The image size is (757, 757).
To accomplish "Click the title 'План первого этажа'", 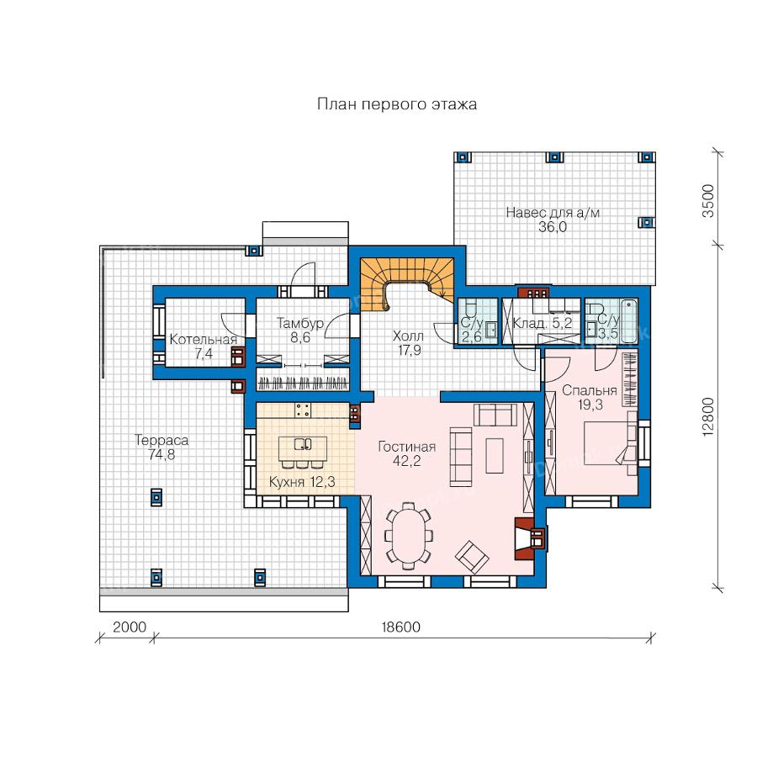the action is coord(397,105).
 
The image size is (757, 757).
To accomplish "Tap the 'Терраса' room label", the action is coord(161,440).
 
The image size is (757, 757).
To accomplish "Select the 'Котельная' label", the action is coord(204,340).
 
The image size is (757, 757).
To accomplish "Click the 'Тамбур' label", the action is coord(299,323).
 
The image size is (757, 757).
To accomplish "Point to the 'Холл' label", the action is coord(409,336).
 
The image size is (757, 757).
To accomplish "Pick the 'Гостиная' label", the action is coord(406,447).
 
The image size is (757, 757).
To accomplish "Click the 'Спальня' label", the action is coord(590,390).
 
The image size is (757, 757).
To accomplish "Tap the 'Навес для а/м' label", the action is coord(553,213).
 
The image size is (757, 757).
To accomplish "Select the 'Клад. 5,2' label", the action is coord(543,322).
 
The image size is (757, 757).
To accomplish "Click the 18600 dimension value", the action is coord(400,627).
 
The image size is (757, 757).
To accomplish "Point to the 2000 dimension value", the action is coord(130,627).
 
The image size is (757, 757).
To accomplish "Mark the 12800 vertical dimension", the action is coord(707,417).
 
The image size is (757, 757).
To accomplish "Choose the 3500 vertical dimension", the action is coord(707,201).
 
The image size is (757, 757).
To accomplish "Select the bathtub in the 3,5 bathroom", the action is coord(628,321).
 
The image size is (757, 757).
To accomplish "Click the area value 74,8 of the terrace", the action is coord(161,454).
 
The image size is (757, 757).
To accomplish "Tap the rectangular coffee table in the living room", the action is coord(495,455).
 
